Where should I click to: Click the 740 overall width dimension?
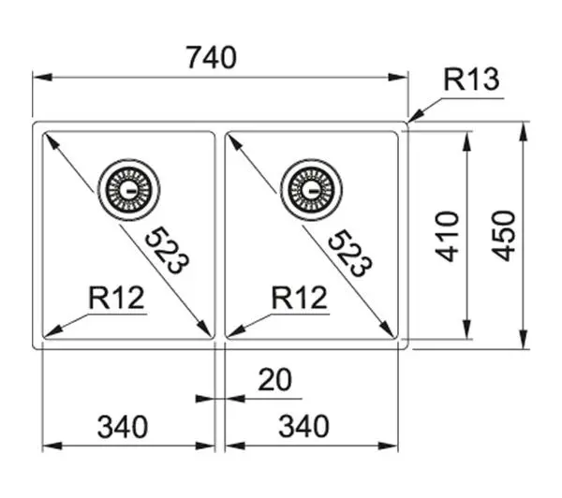click(212, 57)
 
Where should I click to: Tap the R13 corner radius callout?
click(471, 80)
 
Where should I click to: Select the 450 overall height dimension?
click(504, 236)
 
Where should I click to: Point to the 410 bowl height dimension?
click(447, 237)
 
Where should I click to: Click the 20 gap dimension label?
click(274, 380)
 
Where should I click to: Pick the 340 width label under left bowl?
click(123, 427)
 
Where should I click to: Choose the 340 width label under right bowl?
click(303, 426)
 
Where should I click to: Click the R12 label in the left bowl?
click(116, 298)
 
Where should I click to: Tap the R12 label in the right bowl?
click(300, 298)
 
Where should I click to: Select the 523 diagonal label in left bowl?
click(167, 250)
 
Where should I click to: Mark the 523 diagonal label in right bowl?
click(350, 253)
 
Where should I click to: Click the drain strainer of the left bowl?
click(129, 189)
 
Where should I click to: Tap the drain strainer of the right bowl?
click(312, 189)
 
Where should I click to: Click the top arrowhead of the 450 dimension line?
click(524, 132)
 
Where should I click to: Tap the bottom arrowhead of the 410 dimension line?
click(466, 329)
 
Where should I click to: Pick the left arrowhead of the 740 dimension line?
click(43, 77)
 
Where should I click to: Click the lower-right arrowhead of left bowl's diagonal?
click(204, 329)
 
